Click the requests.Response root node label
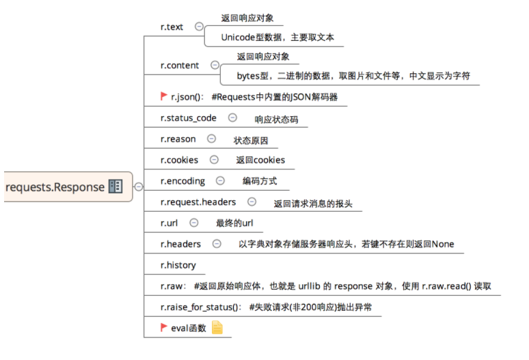pos(55,186)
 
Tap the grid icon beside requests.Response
pos(116,186)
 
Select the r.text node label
pos(172,27)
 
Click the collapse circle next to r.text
pos(199,27)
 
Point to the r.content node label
pos(180,65)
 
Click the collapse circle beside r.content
pos(215,65)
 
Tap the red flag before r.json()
pos(164,97)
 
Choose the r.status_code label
pos(188,117)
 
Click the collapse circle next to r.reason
pos(211,139)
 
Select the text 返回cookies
pos(260,160)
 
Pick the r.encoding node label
pos(182,181)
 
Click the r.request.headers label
pos(198,202)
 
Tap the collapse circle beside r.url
pos(193,223)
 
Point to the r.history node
pos(178,265)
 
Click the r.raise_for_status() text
pos(200,307)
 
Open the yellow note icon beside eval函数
pos(217,328)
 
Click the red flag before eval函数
pos(164,327)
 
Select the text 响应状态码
pos(264,119)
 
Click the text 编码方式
pos(260,182)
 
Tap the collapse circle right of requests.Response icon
pos(138,186)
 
